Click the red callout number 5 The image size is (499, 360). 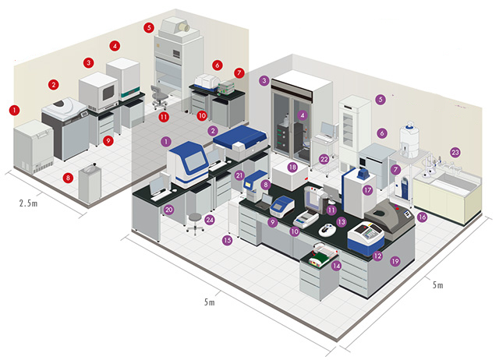tap(149, 28)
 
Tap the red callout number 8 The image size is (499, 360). tap(68, 178)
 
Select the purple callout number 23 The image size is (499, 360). tap(455, 153)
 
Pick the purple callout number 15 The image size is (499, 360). tap(227, 240)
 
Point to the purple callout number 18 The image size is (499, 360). tap(292, 168)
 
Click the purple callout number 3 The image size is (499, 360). tap(264, 80)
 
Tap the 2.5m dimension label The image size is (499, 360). tap(28, 203)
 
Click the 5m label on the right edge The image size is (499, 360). tap(437, 284)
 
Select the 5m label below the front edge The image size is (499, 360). tap(210, 302)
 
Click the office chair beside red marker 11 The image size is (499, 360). tap(158, 97)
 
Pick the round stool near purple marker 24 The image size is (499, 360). tap(194, 224)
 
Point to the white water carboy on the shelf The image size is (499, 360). tap(409, 140)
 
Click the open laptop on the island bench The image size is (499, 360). tap(264, 203)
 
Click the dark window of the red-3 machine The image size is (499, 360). tap(108, 92)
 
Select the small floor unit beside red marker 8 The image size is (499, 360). tap(90, 184)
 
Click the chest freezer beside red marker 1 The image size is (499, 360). tap(34, 147)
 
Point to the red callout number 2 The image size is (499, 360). tap(54, 85)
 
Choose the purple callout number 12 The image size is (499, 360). tap(377, 256)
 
